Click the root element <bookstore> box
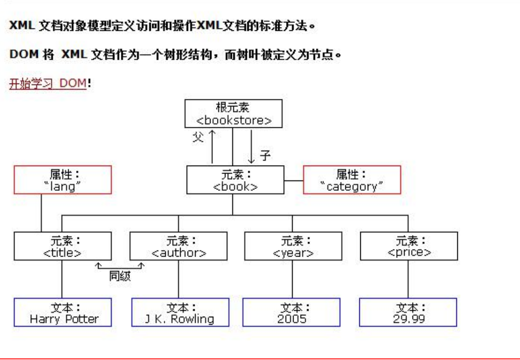click(233, 114)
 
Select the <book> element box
click(235, 180)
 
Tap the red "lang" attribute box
click(63, 180)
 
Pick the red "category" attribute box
click(352, 180)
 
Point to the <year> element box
click(293, 246)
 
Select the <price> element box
click(409, 246)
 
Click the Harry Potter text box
click(63, 312)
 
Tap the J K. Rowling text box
click(180, 312)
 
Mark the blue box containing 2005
click(292, 312)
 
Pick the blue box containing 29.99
click(409, 312)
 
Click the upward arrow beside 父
click(212, 147)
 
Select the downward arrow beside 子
click(252, 147)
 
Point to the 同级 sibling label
click(120, 276)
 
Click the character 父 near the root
click(199, 137)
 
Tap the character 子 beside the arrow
click(265, 156)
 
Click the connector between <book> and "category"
click(294, 180)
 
